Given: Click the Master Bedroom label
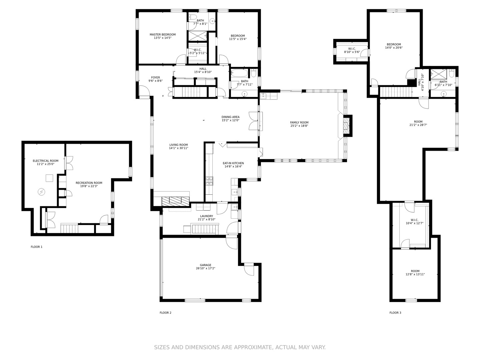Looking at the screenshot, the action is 162,35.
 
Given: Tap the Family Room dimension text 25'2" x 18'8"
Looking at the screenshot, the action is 299,126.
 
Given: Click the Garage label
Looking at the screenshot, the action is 205,265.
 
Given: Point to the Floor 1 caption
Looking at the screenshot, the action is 37,247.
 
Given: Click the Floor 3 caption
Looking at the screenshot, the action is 395,313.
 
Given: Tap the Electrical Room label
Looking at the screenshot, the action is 45,161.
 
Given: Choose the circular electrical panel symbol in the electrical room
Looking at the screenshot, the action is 41,192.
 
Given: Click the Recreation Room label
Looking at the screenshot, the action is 89,183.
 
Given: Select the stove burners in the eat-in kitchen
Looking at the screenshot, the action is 209,181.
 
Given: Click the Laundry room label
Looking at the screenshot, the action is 206,216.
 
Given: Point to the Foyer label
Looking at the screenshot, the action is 155,77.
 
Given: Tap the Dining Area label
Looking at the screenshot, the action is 230,117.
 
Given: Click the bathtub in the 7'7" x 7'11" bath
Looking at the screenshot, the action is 239,73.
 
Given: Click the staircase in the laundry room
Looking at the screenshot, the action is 205,229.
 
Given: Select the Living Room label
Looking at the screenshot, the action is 178,145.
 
